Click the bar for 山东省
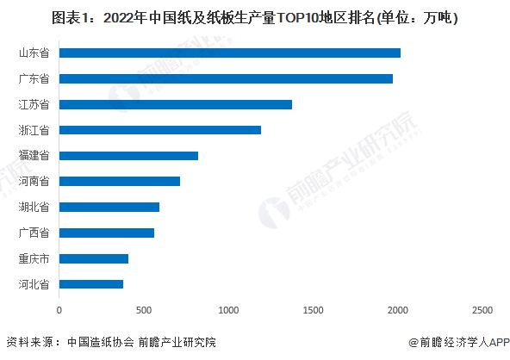click(x=230, y=53)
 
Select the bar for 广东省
click(x=226, y=79)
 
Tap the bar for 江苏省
click(x=176, y=104)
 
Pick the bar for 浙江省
click(x=160, y=130)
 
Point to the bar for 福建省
click(x=128, y=156)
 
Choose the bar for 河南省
click(x=120, y=182)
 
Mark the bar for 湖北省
click(x=109, y=207)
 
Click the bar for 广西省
click(x=107, y=233)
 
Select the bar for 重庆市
click(x=94, y=258)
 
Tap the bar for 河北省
click(x=91, y=283)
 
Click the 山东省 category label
click(x=34, y=53)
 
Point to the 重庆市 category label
click(x=34, y=258)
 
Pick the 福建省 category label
click(x=34, y=156)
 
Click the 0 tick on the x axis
click(x=59, y=309)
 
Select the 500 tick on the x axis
click(x=144, y=309)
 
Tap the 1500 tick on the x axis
click(x=313, y=309)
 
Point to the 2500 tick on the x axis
click(x=482, y=309)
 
